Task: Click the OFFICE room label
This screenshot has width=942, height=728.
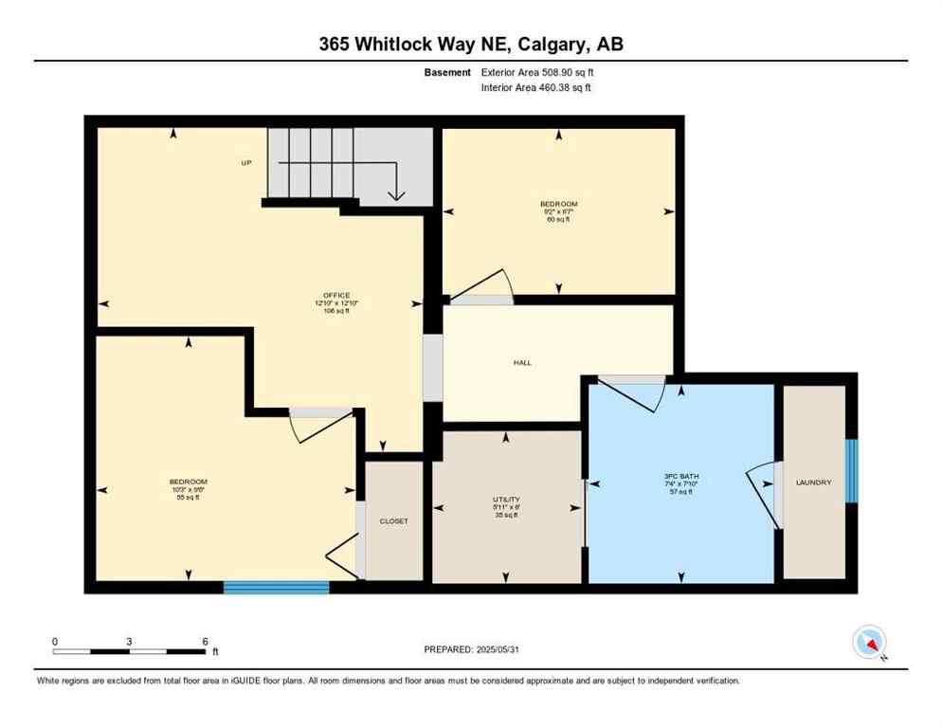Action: tap(336, 296)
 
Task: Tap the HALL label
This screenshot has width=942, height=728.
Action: tap(522, 362)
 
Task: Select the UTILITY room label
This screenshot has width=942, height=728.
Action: tap(506, 500)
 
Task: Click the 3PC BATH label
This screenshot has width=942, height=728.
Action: tap(681, 476)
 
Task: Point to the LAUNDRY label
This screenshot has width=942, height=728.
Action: tap(814, 482)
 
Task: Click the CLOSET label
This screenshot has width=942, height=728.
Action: tap(393, 520)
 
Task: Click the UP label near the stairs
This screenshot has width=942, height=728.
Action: tap(245, 163)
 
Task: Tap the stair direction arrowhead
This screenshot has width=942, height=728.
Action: tap(396, 196)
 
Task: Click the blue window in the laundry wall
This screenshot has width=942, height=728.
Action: tap(851, 470)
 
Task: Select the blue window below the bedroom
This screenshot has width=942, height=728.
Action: tap(276, 588)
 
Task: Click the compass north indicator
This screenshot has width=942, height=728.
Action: tap(869, 643)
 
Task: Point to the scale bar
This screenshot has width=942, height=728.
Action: tap(130, 651)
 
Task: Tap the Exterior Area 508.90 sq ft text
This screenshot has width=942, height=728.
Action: tap(537, 72)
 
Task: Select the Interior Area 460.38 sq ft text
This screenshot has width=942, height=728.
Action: tap(537, 87)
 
